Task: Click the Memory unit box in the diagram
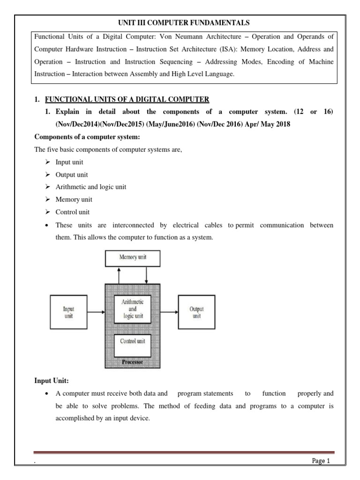tap(133, 257)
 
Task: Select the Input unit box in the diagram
tap(68, 312)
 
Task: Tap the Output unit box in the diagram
tap(196, 312)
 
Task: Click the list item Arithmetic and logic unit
tap(90, 187)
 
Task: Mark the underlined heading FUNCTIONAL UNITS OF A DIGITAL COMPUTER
tap(127, 99)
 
